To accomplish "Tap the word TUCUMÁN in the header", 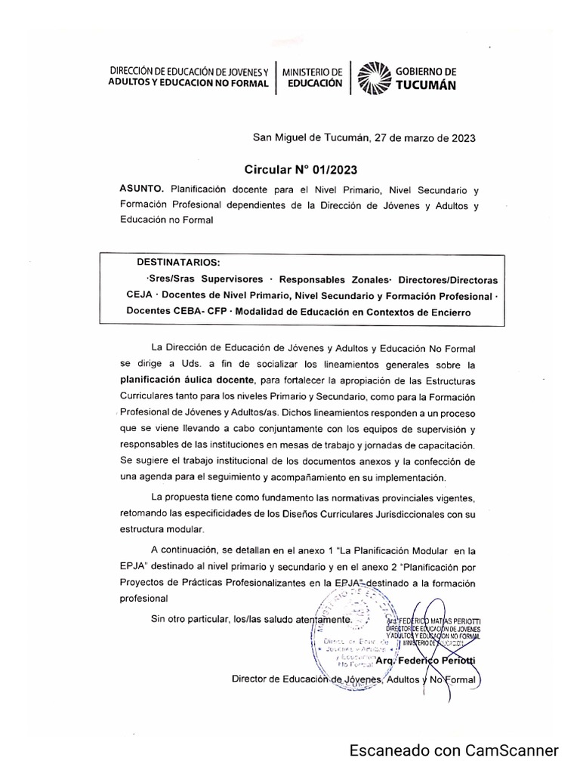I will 427,85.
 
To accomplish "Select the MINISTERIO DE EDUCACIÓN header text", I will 312,77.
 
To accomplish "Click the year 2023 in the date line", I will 460,137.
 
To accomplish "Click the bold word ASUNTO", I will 141,187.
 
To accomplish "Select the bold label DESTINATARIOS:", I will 178,263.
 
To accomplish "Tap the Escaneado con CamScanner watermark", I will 453,750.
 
